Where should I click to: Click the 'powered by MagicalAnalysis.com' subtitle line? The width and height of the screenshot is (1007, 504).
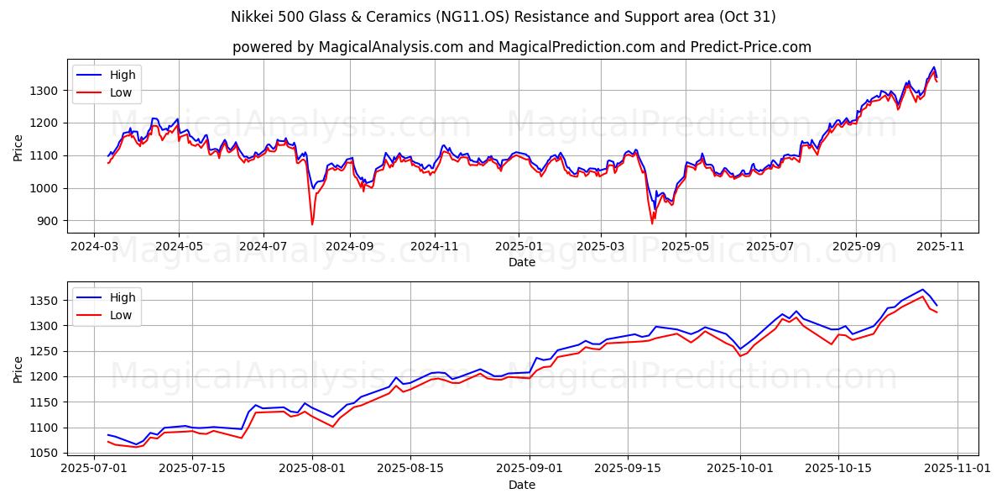tap(521, 47)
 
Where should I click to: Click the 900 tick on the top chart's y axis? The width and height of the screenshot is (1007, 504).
tap(50, 221)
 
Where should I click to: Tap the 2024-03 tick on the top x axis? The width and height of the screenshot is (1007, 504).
tap(93, 248)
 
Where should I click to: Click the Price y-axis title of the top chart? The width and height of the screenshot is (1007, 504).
tap(18, 146)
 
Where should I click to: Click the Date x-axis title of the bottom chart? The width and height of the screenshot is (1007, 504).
tap(521, 485)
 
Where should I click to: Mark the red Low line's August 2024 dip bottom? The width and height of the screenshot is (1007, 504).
tap(312, 224)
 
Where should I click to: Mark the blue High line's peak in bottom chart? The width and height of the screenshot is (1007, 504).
tap(922, 290)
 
